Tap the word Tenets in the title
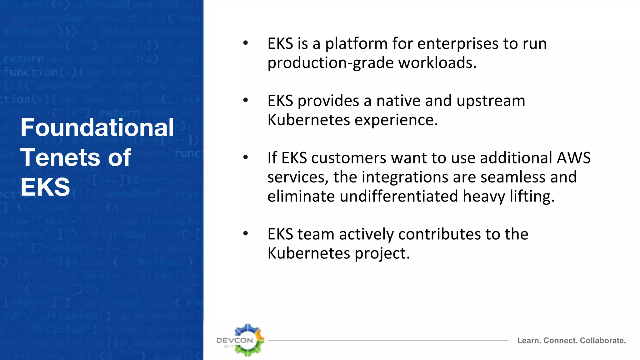[60, 157]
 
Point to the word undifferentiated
[399, 197]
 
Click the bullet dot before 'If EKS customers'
[246, 157]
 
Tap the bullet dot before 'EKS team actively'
[246, 233]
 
